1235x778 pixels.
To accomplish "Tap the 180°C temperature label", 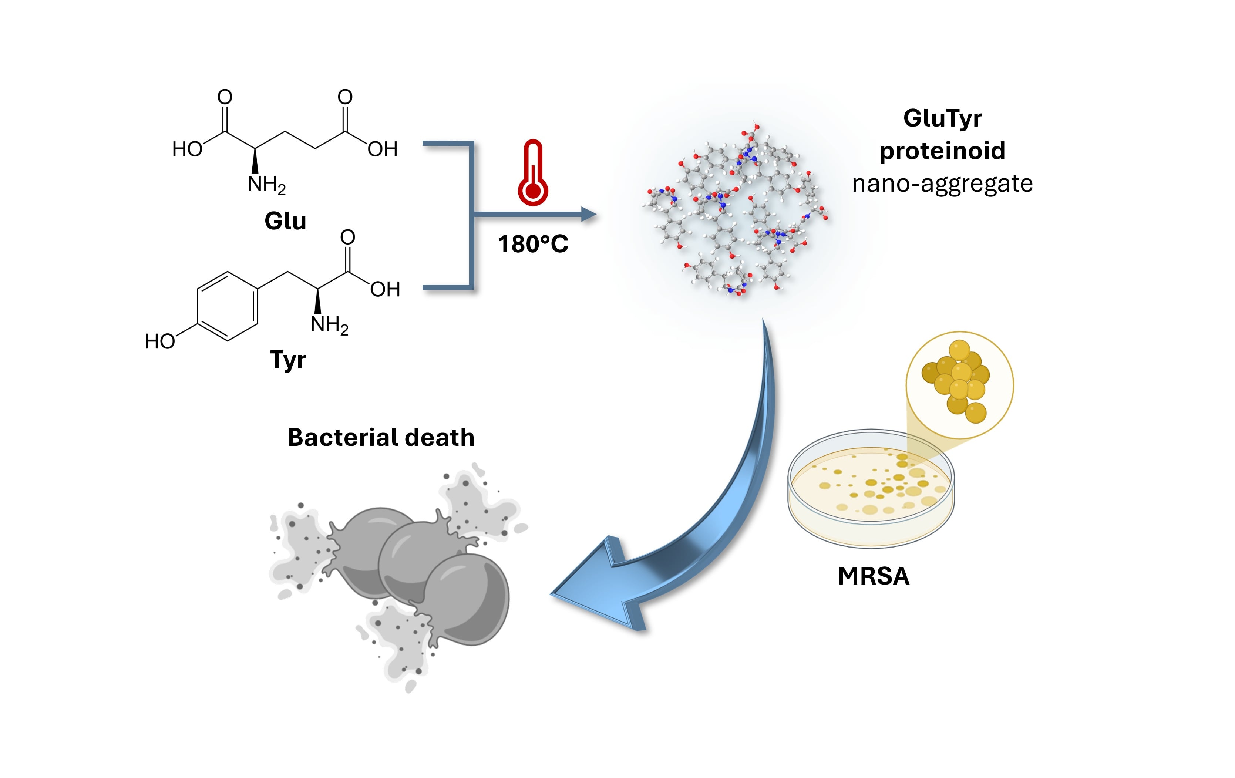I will click(533, 244).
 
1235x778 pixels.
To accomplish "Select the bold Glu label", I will click(285, 221).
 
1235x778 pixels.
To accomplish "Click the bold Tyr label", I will click(288, 360).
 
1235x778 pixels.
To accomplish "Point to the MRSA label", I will click(874, 576).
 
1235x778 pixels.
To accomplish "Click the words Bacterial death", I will click(381, 438).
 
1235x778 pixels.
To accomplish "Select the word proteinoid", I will click(942, 151).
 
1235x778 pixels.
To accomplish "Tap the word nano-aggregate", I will click(942, 183).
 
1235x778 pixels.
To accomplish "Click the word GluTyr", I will click(942, 118).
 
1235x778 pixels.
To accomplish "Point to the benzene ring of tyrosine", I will click(227, 306).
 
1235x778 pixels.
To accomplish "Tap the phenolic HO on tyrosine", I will click(160, 341).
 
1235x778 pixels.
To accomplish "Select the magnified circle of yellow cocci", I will click(959, 385).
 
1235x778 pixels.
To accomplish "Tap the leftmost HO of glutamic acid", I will click(187, 149).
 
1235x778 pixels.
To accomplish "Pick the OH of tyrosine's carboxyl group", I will click(385, 290).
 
